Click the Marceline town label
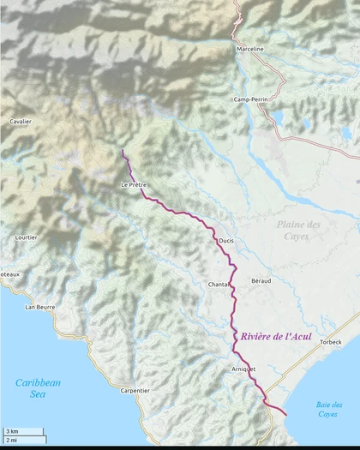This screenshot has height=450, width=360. tap(250, 49)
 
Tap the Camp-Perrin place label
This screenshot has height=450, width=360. tap(251, 99)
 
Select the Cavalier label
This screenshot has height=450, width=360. tap(21, 122)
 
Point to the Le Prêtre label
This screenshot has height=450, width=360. tap(135, 185)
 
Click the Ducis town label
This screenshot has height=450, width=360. tap(226, 241)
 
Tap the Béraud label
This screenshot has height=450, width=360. tap(261, 280)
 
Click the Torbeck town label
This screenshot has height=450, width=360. tap(330, 342)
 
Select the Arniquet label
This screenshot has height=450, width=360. tap(244, 368)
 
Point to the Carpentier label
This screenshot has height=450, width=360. tap(135, 390)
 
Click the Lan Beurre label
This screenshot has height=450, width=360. tap(40, 306)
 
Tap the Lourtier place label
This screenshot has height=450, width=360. tap(27, 237)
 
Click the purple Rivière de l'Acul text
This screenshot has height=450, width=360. tap(277, 337)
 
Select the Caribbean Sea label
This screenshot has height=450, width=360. tap(38, 388)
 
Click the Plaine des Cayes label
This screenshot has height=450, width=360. tap(298, 230)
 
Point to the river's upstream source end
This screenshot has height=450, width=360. tap(123, 151)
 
